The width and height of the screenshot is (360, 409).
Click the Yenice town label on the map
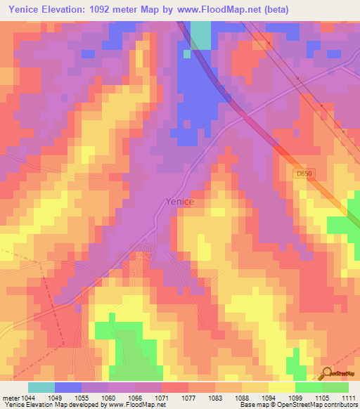pos(179,201)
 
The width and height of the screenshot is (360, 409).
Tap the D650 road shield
pos(302,173)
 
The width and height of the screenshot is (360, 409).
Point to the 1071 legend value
pos(162,397)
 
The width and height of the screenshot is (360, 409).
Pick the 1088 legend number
pos(241,397)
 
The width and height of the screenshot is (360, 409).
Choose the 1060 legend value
pos(108,397)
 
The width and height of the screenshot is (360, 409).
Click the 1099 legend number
pos(295,397)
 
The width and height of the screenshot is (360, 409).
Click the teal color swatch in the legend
pos(41,387)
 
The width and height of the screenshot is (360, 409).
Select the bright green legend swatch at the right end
pos(335,387)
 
